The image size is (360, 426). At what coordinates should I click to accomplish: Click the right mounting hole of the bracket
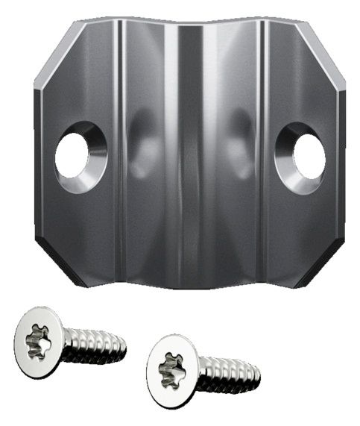(308, 157)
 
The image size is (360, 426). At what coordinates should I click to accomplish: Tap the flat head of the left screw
(38, 342)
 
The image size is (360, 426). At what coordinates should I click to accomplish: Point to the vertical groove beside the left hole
(119, 149)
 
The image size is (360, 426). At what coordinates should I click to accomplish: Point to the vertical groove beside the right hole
(262, 149)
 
